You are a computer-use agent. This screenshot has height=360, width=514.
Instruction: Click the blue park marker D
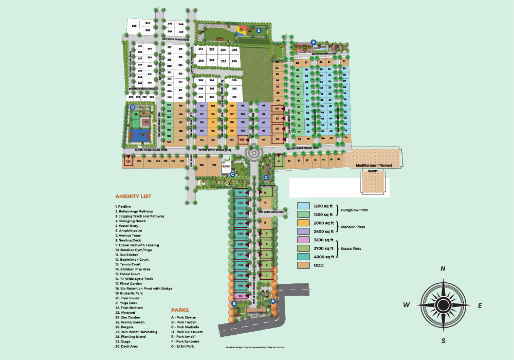tap(133, 107)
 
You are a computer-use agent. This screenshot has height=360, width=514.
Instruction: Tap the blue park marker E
tap(259, 30)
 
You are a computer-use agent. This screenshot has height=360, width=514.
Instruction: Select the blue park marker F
tap(313, 42)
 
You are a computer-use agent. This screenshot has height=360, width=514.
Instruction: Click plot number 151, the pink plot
tap(240, 296)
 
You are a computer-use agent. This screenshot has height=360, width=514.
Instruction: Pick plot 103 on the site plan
tap(242, 139)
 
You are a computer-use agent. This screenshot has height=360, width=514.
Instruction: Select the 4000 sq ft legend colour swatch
tap(304, 257)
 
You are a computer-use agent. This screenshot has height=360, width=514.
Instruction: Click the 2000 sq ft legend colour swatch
tap(304, 223)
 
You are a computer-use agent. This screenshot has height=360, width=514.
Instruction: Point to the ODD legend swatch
tap(304, 265)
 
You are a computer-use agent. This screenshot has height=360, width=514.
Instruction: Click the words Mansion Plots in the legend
tap(354, 227)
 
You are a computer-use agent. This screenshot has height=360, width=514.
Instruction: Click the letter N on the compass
tap(443, 269)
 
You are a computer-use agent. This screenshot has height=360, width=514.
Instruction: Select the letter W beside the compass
tap(406, 305)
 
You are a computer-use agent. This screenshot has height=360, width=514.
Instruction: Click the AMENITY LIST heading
tap(133, 196)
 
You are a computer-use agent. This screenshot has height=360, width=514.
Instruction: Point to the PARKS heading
tap(180, 310)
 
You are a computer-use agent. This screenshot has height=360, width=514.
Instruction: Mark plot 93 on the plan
tap(278, 139)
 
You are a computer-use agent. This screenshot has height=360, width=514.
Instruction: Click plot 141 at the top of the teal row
tap(241, 192)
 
